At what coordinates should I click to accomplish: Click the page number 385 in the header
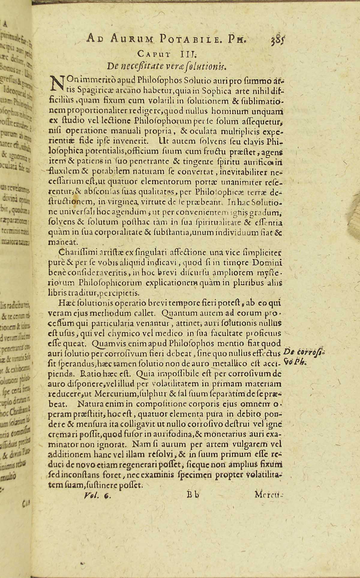tap(271, 39)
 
